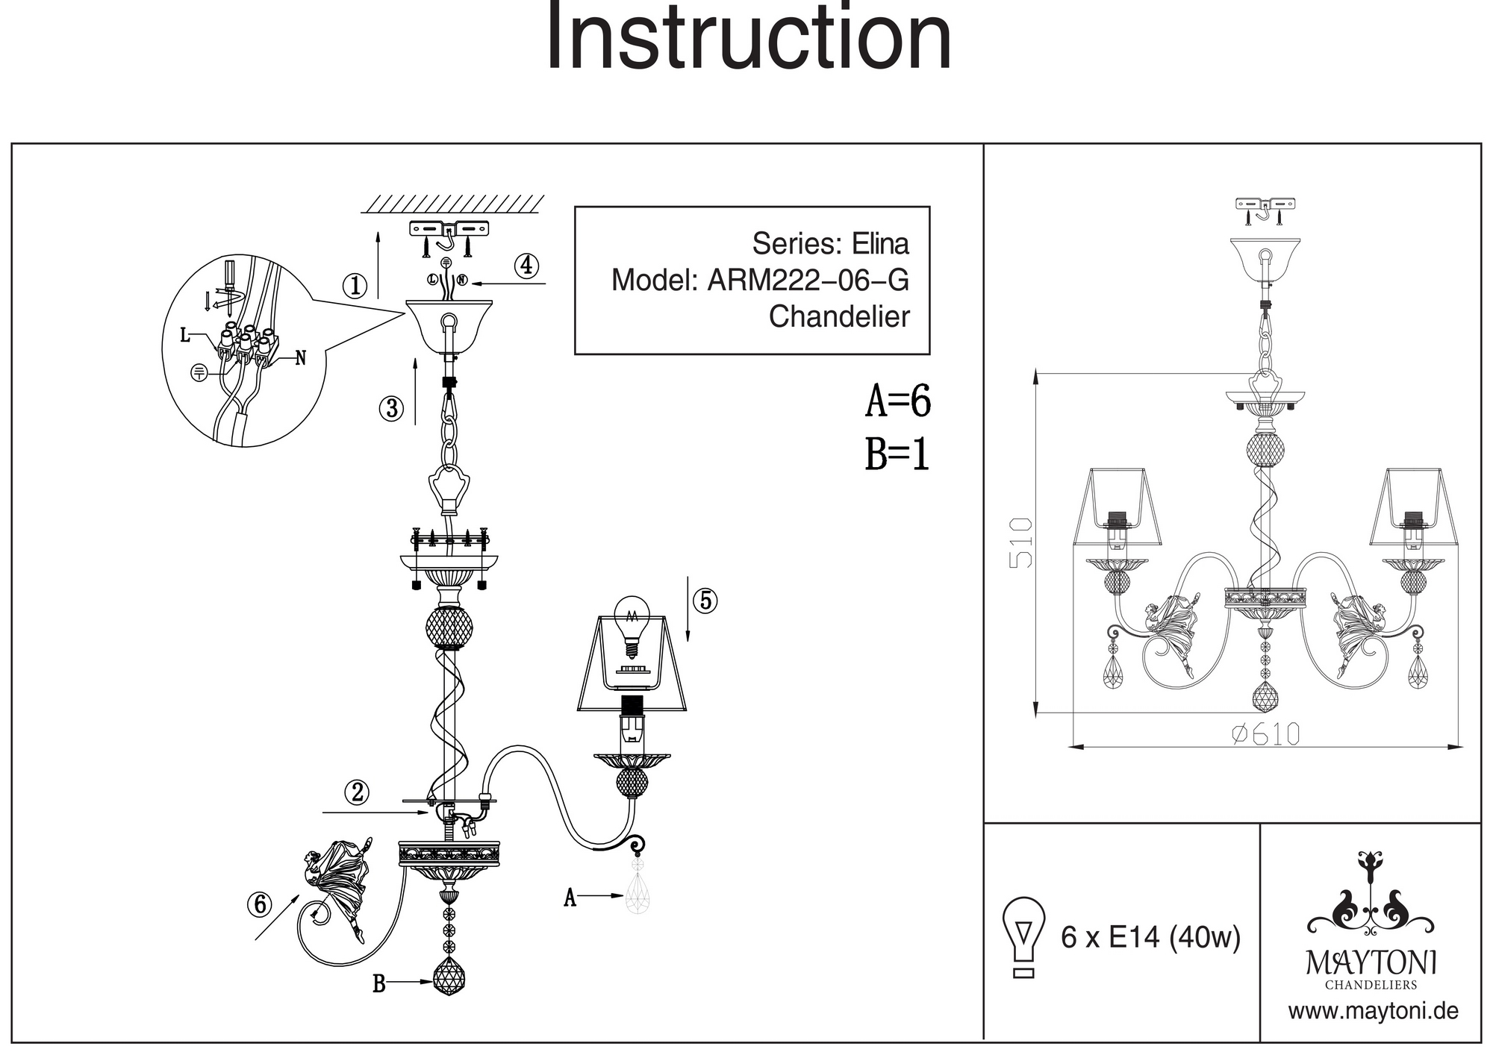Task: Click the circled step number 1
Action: pyautogui.click(x=355, y=286)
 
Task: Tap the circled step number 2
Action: pyautogui.click(x=358, y=792)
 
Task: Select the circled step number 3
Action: pyautogui.click(x=391, y=408)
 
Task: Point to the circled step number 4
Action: pyautogui.click(x=527, y=265)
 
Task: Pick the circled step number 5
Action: pyautogui.click(x=705, y=601)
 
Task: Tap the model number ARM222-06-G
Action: pyautogui.click(x=808, y=281)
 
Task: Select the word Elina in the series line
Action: pyautogui.click(x=881, y=244)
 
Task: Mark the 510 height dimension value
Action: pyautogui.click(x=1020, y=542)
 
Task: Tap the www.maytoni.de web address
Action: pyautogui.click(x=1373, y=1012)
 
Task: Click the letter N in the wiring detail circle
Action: pyautogui.click(x=301, y=358)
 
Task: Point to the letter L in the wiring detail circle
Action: pyautogui.click(x=185, y=336)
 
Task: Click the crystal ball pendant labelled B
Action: pyautogui.click(x=449, y=976)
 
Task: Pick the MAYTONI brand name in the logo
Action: pyautogui.click(x=1371, y=962)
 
